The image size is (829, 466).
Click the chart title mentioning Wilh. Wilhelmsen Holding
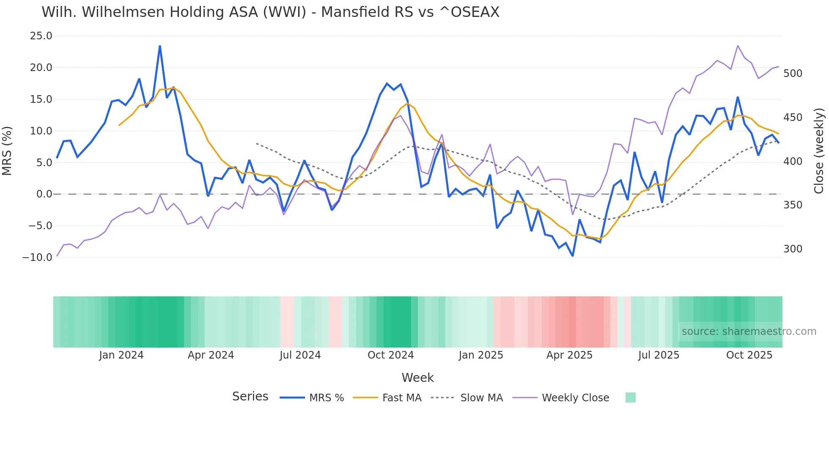click(x=270, y=12)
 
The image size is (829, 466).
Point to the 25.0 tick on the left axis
click(x=41, y=36)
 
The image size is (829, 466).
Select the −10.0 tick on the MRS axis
click(x=37, y=257)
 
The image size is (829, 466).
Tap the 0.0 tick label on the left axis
click(x=44, y=194)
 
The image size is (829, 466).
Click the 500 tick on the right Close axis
click(x=793, y=74)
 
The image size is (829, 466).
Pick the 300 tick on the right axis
click(x=793, y=249)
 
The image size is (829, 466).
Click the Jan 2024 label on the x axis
click(x=121, y=355)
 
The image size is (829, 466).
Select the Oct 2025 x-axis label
click(x=749, y=355)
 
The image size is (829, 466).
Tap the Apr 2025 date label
click(x=569, y=355)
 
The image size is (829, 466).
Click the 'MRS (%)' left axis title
click(x=7, y=151)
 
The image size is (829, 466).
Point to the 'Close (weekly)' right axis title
click(x=819, y=151)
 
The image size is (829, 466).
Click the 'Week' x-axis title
click(x=417, y=378)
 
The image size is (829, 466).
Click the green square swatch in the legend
click(x=630, y=397)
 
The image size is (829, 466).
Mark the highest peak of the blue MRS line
click(x=160, y=46)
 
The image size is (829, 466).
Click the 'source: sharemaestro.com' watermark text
click(x=749, y=332)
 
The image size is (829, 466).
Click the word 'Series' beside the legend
click(x=250, y=397)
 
